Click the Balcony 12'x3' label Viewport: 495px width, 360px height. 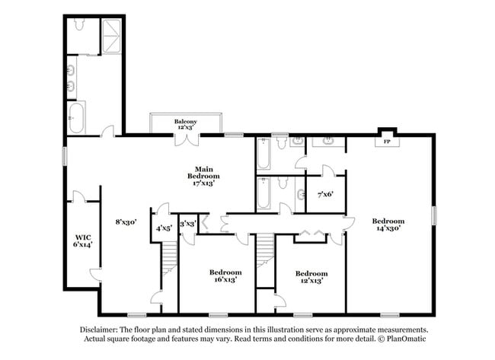pos(185,125)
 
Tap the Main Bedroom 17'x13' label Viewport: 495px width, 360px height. pos(204,176)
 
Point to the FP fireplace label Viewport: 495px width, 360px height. pos(387,142)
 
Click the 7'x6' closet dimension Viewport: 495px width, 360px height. pos(325,193)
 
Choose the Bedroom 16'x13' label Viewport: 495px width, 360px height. pos(225,276)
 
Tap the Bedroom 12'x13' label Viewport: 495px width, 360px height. pos(311,276)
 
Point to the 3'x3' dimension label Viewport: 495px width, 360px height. pos(188,223)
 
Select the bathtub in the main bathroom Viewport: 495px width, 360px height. pos(78,118)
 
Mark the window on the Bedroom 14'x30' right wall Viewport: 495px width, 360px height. pos(435,215)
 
